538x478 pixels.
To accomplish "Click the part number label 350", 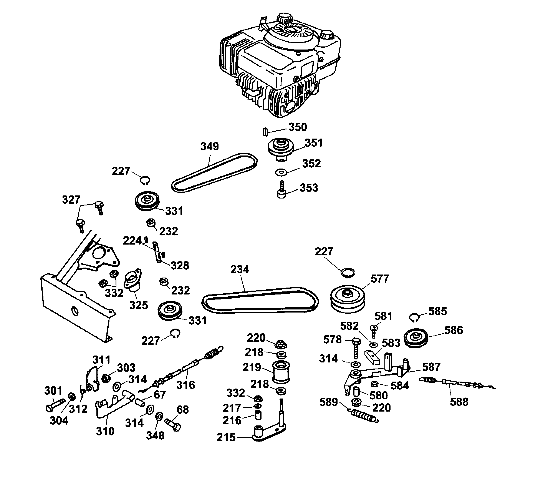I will (298, 127).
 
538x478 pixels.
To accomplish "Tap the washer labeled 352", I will (281, 173).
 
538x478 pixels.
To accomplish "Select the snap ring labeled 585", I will (415, 318).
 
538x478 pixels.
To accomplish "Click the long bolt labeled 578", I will (356, 349).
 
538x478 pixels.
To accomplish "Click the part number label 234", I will (240, 270).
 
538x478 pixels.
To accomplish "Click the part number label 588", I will (459, 402).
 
